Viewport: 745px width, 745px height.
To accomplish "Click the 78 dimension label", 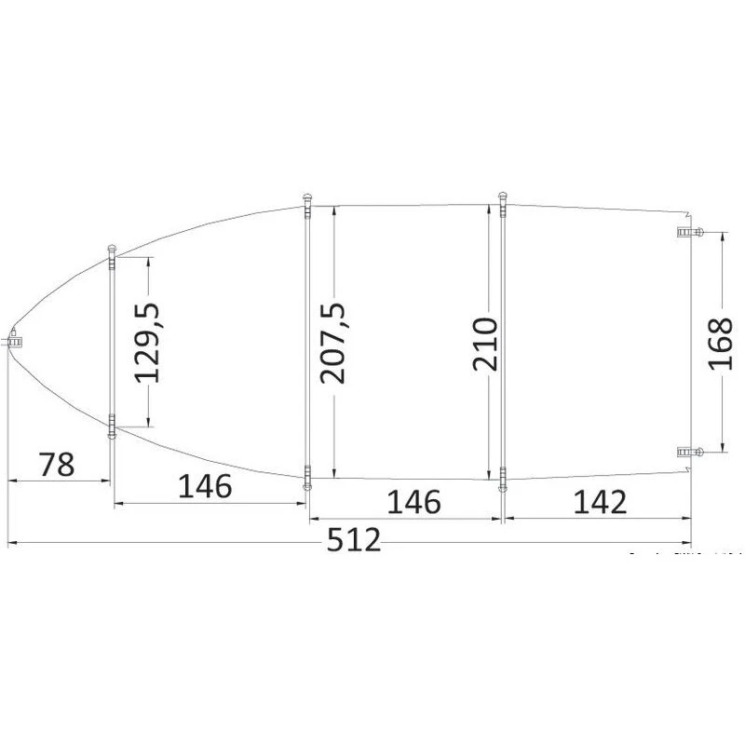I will coord(57,463).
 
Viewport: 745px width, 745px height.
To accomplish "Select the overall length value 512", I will coord(355,540).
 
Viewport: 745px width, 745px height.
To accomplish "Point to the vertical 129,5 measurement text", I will coord(148,341).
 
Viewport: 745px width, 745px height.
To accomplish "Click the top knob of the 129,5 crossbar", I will coord(112,249).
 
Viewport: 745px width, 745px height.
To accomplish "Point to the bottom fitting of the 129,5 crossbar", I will coord(112,428).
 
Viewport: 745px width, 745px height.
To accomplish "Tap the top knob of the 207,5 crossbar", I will coord(306,198).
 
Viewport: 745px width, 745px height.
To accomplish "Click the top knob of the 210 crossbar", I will coord(503,197).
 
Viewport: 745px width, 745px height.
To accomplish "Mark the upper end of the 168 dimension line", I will coord(722,234).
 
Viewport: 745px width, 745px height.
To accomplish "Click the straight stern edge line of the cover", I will coord(691,372).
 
